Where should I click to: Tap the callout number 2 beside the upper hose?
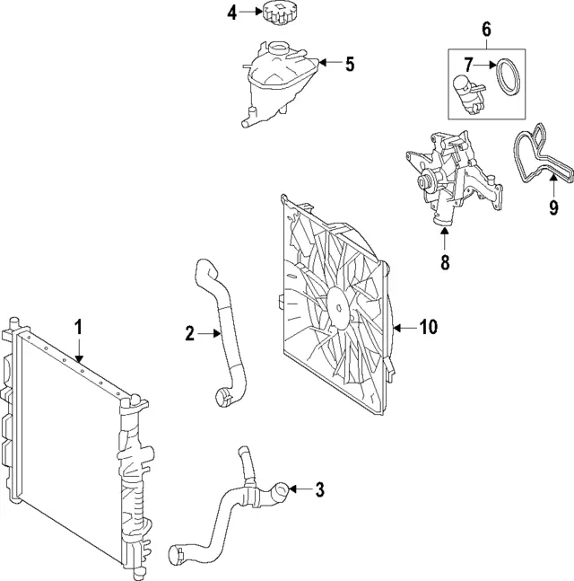pos(189,334)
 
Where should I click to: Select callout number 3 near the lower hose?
pos(319,489)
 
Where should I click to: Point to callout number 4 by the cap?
pos(231,13)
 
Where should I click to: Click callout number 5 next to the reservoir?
pos(349,64)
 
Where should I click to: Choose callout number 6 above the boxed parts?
pos(487,30)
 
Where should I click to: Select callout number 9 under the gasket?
pos(553,208)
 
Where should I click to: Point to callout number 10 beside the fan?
pos(428,327)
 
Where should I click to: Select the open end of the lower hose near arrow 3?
pos(281,490)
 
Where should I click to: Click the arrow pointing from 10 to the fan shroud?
pos(404,327)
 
